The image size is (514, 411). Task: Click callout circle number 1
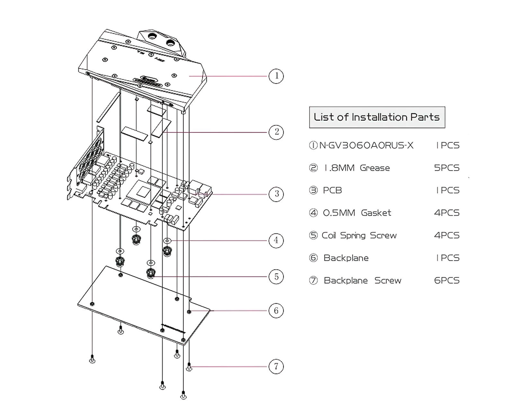click(x=276, y=76)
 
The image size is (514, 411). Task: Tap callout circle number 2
click(x=276, y=132)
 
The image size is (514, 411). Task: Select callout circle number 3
click(x=276, y=194)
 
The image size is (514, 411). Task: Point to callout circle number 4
click(x=276, y=240)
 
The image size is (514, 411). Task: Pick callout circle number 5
click(x=276, y=277)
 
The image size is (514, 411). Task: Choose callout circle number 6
click(x=276, y=310)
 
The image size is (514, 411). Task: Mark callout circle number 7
click(x=276, y=366)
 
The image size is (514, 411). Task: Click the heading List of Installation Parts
click(x=377, y=117)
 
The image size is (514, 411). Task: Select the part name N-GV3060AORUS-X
click(x=366, y=145)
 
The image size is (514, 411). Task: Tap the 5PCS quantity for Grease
click(x=447, y=168)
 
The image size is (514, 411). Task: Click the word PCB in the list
click(x=332, y=190)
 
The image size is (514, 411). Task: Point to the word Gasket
click(x=376, y=213)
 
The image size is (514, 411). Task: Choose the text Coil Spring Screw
click(x=359, y=235)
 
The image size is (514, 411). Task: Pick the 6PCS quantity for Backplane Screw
click(x=447, y=281)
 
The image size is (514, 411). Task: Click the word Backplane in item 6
click(x=346, y=258)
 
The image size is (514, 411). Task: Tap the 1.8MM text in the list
click(x=339, y=168)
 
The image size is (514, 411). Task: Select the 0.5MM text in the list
click(x=339, y=213)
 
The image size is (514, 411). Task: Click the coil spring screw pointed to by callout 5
click(x=151, y=273)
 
